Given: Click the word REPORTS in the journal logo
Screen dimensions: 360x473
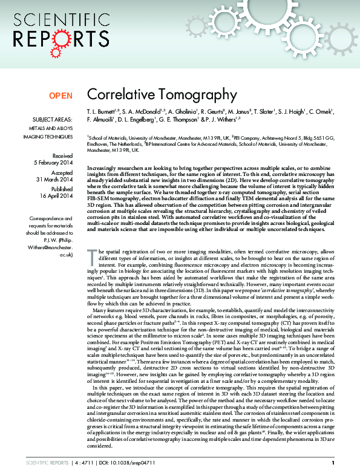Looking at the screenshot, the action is [49, 39].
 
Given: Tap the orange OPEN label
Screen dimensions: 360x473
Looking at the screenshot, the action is [61, 95].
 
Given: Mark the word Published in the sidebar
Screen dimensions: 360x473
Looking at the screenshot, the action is [61, 189].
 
